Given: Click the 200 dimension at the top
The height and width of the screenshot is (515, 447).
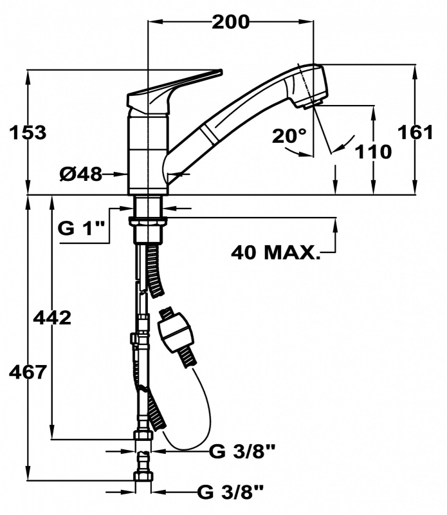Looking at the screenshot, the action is [x=230, y=22].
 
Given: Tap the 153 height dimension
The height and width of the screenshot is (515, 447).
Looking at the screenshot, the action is [x=28, y=133].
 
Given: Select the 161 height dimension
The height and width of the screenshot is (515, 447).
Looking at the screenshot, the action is [x=415, y=133].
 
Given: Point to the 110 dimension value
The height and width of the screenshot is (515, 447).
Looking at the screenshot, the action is [x=374, y=151].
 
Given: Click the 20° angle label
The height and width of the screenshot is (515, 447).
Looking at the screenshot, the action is [x=289, y=135].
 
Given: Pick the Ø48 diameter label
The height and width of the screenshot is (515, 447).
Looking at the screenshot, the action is [x=81, y=174].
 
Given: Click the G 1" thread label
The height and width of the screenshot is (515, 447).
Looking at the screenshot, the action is [x=81, y=228].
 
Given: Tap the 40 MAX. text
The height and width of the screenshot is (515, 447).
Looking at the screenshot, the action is [x=275, y=252].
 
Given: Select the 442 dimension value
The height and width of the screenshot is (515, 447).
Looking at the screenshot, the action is [x=53, y=317].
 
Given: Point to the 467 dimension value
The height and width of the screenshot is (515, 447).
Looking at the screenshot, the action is [x=28, y=372].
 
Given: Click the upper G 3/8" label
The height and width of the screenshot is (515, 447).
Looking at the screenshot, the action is [x=242, y=453].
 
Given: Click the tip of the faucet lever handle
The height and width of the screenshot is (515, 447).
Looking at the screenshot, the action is [x=221, y=71].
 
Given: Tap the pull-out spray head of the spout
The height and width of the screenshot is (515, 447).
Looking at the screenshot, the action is [x=307, y=86].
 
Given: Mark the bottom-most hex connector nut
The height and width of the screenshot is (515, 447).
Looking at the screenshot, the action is [x=143, y=476].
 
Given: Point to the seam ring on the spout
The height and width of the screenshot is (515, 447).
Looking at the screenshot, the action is [x=208, y=135].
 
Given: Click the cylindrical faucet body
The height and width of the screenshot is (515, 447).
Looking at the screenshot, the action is [x=148, y=154].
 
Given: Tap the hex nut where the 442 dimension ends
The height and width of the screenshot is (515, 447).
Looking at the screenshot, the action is [x=143, y=436].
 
